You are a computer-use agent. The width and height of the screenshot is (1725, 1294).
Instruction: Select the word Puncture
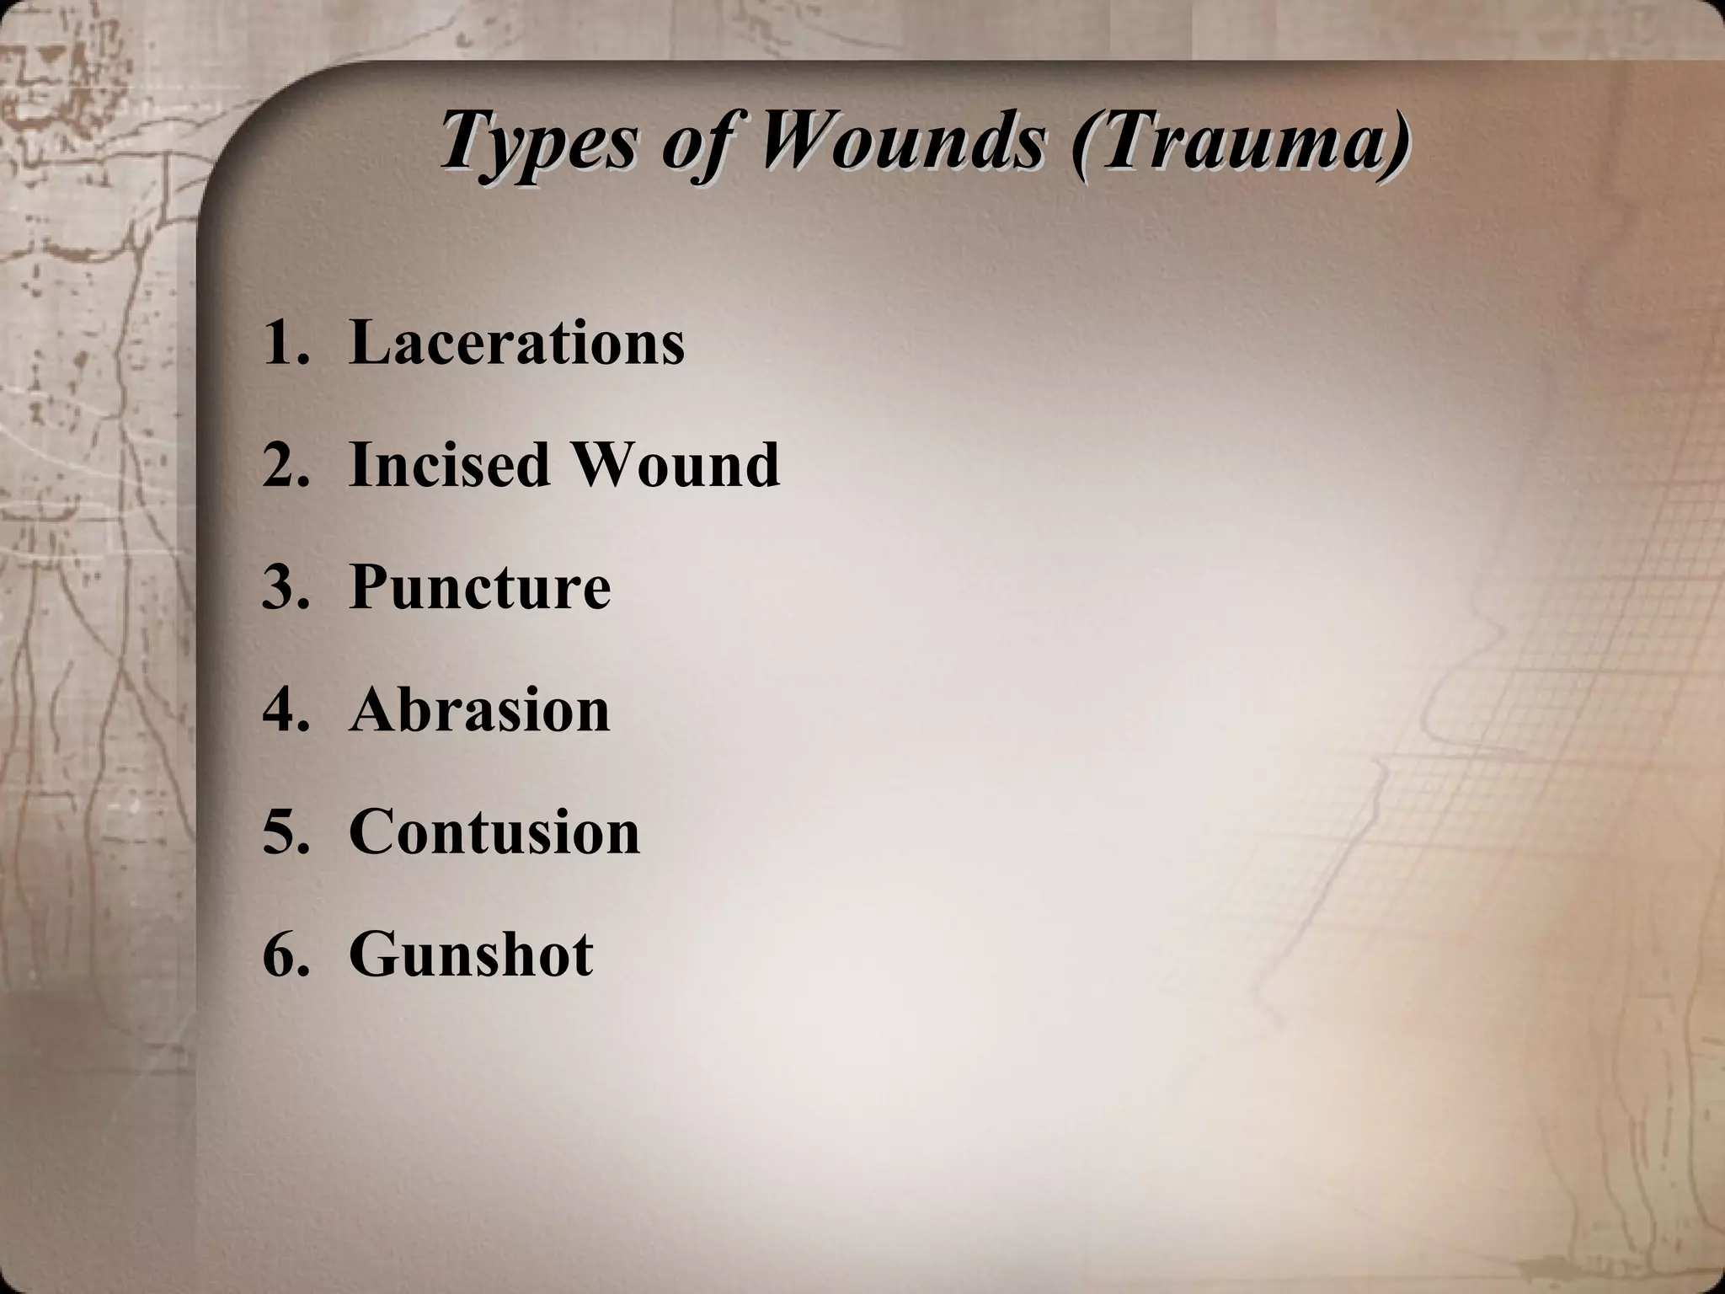coord(479,587)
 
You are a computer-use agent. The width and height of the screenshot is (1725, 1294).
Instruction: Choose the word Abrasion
coord(479,710)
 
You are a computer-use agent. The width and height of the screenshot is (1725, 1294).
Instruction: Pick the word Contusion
coord(494,832)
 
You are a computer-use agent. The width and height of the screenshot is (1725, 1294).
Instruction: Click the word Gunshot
coord(471,954)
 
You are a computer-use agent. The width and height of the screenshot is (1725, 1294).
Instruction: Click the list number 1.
coord(281,343)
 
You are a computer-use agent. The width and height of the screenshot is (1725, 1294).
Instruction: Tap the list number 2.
coord(281,465)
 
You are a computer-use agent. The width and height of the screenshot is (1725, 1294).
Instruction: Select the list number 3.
coord(281,588)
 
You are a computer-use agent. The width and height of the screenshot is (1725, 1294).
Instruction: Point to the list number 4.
coord(281,710)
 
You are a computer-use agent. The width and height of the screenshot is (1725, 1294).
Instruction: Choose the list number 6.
coord(281,955)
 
